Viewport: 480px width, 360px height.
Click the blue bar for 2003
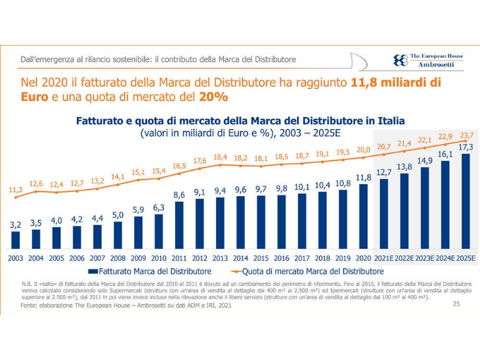point(16,240)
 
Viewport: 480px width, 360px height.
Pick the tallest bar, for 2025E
point(465,201)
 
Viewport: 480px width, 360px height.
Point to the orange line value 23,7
point(465,135)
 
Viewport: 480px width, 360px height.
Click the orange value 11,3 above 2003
point(16,190)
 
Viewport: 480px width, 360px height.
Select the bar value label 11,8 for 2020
point(363,178)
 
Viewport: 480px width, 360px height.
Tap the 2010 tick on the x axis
point(159,258)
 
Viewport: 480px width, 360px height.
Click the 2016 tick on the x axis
point(281,258)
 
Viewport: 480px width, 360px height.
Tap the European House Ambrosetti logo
point(428,59)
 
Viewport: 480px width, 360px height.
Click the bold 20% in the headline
point(214,96)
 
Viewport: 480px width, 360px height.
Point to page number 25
point(456,305)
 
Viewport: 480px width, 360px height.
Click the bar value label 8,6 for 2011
point(179,194)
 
